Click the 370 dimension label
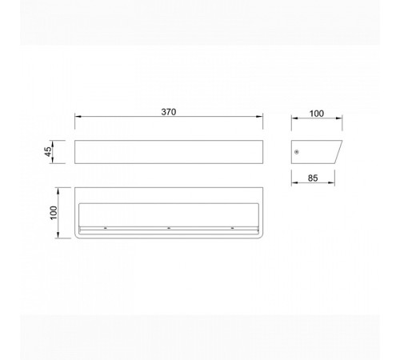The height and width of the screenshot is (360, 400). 169,112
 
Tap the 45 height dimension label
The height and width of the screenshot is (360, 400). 48,151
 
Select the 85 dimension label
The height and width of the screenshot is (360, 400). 313,178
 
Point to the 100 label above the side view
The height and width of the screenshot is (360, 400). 317,114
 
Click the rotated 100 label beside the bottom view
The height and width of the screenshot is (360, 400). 54,213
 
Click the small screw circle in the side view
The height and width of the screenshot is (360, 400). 297,152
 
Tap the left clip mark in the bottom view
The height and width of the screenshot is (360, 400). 106,228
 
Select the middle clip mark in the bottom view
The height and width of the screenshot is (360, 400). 169,228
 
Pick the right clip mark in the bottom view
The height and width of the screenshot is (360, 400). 232,228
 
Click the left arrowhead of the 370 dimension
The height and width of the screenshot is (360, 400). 78,116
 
